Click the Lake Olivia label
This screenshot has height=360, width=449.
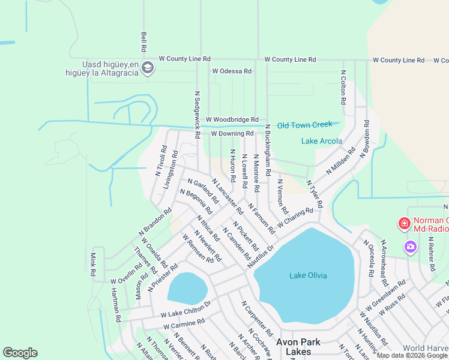pos(308,275)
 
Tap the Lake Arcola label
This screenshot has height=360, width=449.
pos(321,142)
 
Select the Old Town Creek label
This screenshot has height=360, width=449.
pos(304,125)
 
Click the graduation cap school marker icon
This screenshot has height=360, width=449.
pos(148,68)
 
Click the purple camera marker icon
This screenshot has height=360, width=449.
pos(411,246)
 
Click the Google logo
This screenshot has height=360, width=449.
pos(20,353)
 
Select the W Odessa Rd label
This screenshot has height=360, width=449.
pos(231,71)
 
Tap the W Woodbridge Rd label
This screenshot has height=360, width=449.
pos(232,120)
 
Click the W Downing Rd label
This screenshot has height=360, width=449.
pos(232,133)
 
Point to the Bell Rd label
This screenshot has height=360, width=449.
pos(144,41)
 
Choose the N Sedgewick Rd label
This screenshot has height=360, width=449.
pos(196,115)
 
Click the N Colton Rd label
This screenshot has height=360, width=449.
pos(343,87)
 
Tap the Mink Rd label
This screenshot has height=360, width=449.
pos(93,264)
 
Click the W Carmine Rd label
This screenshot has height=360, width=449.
pos(183,324)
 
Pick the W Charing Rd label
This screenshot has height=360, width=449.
pos(295,215)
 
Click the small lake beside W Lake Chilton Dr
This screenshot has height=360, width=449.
pos(187,288)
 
